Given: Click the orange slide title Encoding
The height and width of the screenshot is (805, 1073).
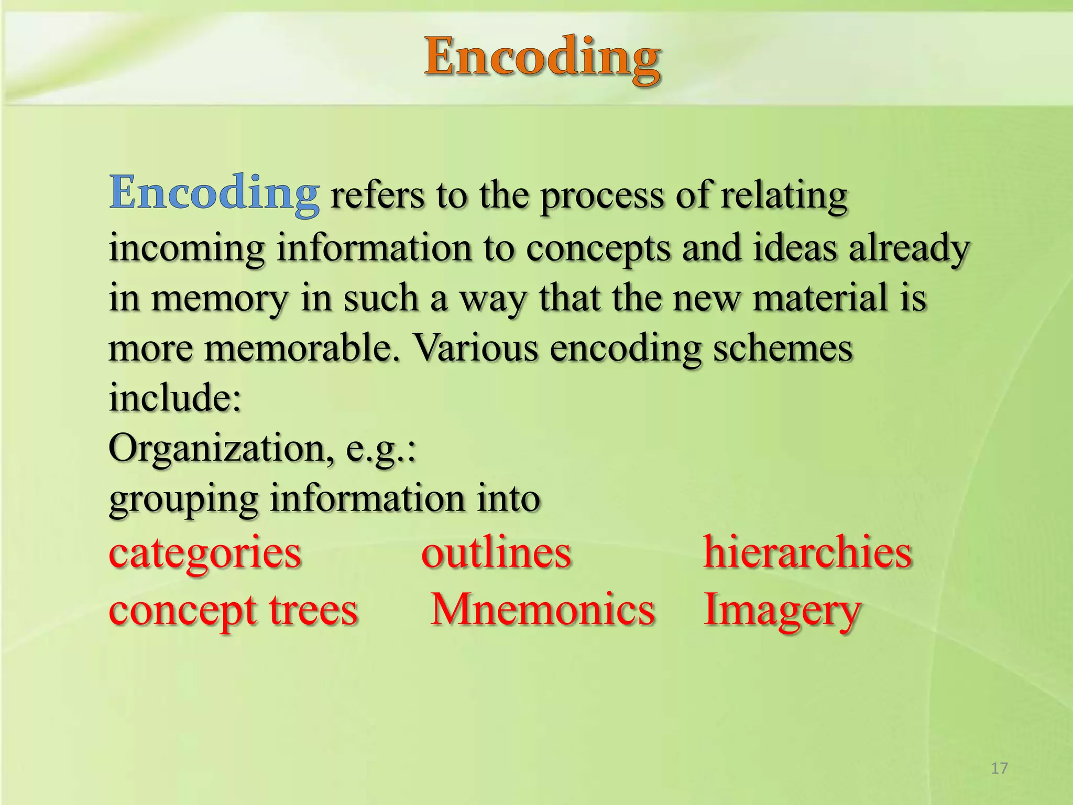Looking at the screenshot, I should (542, 59).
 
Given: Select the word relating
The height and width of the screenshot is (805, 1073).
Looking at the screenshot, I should (784, 196).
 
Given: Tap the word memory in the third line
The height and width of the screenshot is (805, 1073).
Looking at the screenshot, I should (220, 298).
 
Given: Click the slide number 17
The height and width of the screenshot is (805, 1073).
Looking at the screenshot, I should (999, 768).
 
